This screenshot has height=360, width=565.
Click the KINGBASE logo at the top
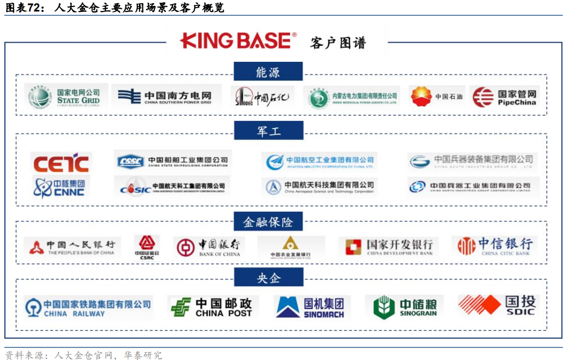coord(238,41)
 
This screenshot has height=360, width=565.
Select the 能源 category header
coord(267,72)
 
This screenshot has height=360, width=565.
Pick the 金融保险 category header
coord(268,222)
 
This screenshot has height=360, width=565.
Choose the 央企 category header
coord(268,278)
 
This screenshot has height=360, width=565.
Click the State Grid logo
coord(65,97)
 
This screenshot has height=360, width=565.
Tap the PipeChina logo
coord(505,97)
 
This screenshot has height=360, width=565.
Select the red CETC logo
coord(61,163)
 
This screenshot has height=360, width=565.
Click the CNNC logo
coord(60,187)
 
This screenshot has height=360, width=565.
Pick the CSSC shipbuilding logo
coord(172,161)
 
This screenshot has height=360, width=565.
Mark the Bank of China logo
coord(208,248)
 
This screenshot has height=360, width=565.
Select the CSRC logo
coord(147,247)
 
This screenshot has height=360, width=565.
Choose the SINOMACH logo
coord(310,307)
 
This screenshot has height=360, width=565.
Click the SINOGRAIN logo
coord(405,307)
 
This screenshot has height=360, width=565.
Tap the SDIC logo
coord(498,305)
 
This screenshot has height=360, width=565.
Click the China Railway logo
coord(88,307)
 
